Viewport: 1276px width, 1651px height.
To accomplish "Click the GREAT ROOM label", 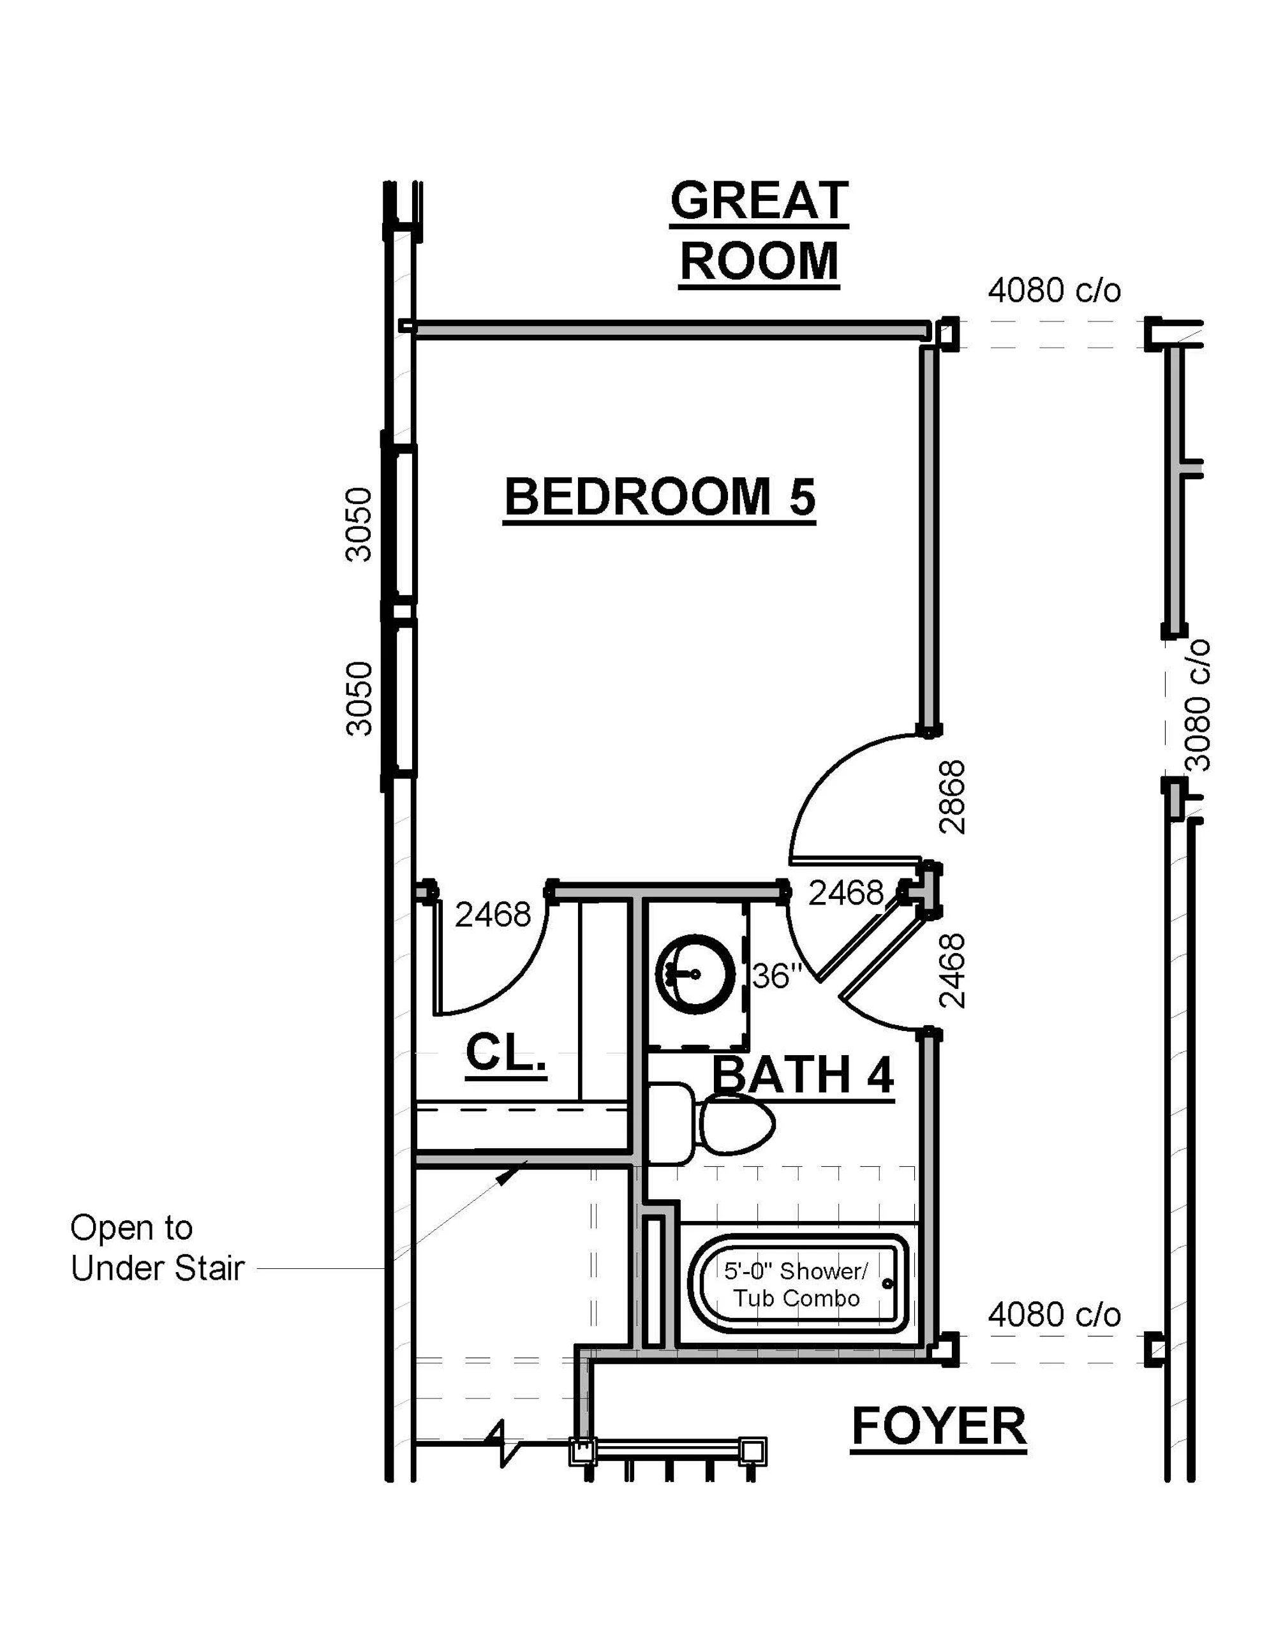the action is [759, 232].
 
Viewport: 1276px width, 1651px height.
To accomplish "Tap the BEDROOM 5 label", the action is [660, 498].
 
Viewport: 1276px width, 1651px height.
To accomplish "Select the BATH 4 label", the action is [803, 1076].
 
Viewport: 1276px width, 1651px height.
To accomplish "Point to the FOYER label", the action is [939, 1426].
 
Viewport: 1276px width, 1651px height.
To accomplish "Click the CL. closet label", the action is [506, 1053].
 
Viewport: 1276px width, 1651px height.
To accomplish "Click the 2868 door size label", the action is [953, 797].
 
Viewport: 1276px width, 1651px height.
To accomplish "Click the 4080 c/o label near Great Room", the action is [1054, 290].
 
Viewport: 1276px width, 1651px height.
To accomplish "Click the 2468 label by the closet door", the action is [493, 915].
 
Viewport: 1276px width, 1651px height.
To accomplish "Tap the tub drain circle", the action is [887, 1284].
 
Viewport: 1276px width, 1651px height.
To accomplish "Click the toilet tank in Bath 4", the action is [671, 1124].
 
